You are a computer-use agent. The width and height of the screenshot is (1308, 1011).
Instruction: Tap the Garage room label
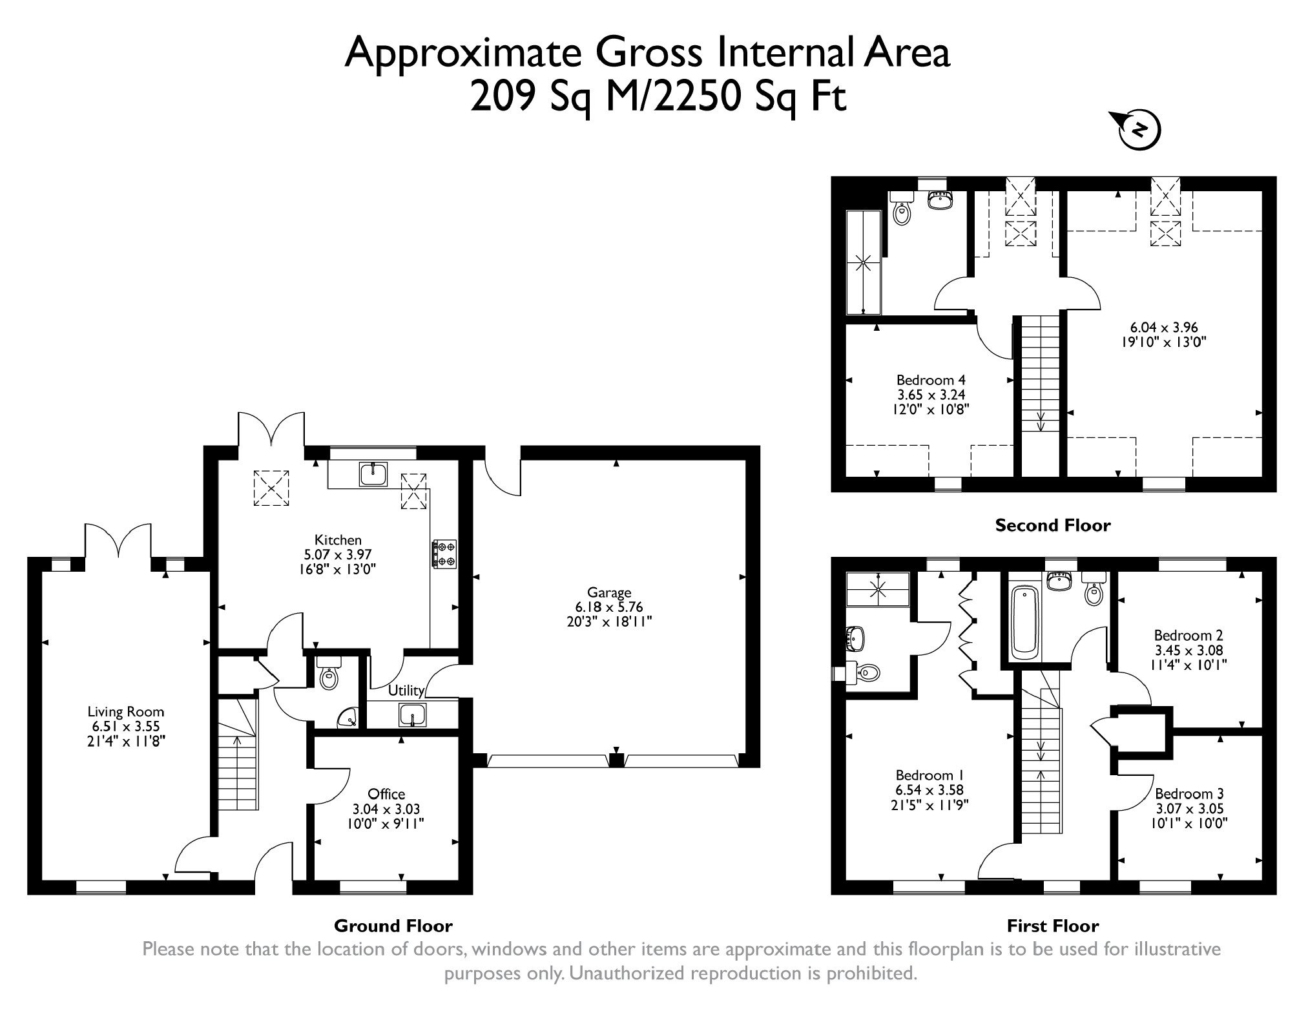pyautogui.click(x=609, y=592)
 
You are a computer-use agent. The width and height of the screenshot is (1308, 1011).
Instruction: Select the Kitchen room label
pyautogui.click(x=338, y=540)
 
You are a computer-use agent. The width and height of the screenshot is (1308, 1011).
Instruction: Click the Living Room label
pyautogui.click(x=126, y=712)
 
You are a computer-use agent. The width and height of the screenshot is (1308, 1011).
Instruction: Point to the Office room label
pyautogui.click(x=386, y=794)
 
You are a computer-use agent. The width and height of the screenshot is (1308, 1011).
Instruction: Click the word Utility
pyautogui.click(x=406, y=691)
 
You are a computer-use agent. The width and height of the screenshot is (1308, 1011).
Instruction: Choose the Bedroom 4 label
pyautogui.click(x=931, y=380)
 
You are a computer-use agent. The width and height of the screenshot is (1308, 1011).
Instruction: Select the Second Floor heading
pyautogui.click(x=1052, y=526)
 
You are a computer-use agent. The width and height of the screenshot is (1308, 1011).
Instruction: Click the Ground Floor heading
pyautogui.click(x=393, y=926)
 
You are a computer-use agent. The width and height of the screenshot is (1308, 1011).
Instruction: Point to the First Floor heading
pyautogui.click(x=1052, y=926)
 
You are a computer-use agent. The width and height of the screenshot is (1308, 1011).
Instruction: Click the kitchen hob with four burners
pyautogui.click(x=444, y=554)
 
